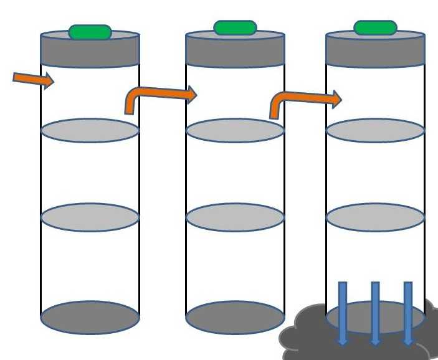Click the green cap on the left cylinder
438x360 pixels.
pos(90,32)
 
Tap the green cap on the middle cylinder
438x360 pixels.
pos(235,27)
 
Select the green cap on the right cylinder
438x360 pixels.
pos(375,27)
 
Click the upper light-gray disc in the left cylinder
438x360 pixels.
pos(90,130)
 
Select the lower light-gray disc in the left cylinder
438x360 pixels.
pos(90,216)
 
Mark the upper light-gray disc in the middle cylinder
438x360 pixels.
pos(235,130)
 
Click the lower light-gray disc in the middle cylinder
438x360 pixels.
pos(235,216)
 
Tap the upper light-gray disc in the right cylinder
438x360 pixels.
pos(375,130)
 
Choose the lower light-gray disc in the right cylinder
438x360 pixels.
pos(375,216)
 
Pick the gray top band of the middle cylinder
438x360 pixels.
pos(235,51)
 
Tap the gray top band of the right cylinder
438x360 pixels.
pos(375,51)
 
